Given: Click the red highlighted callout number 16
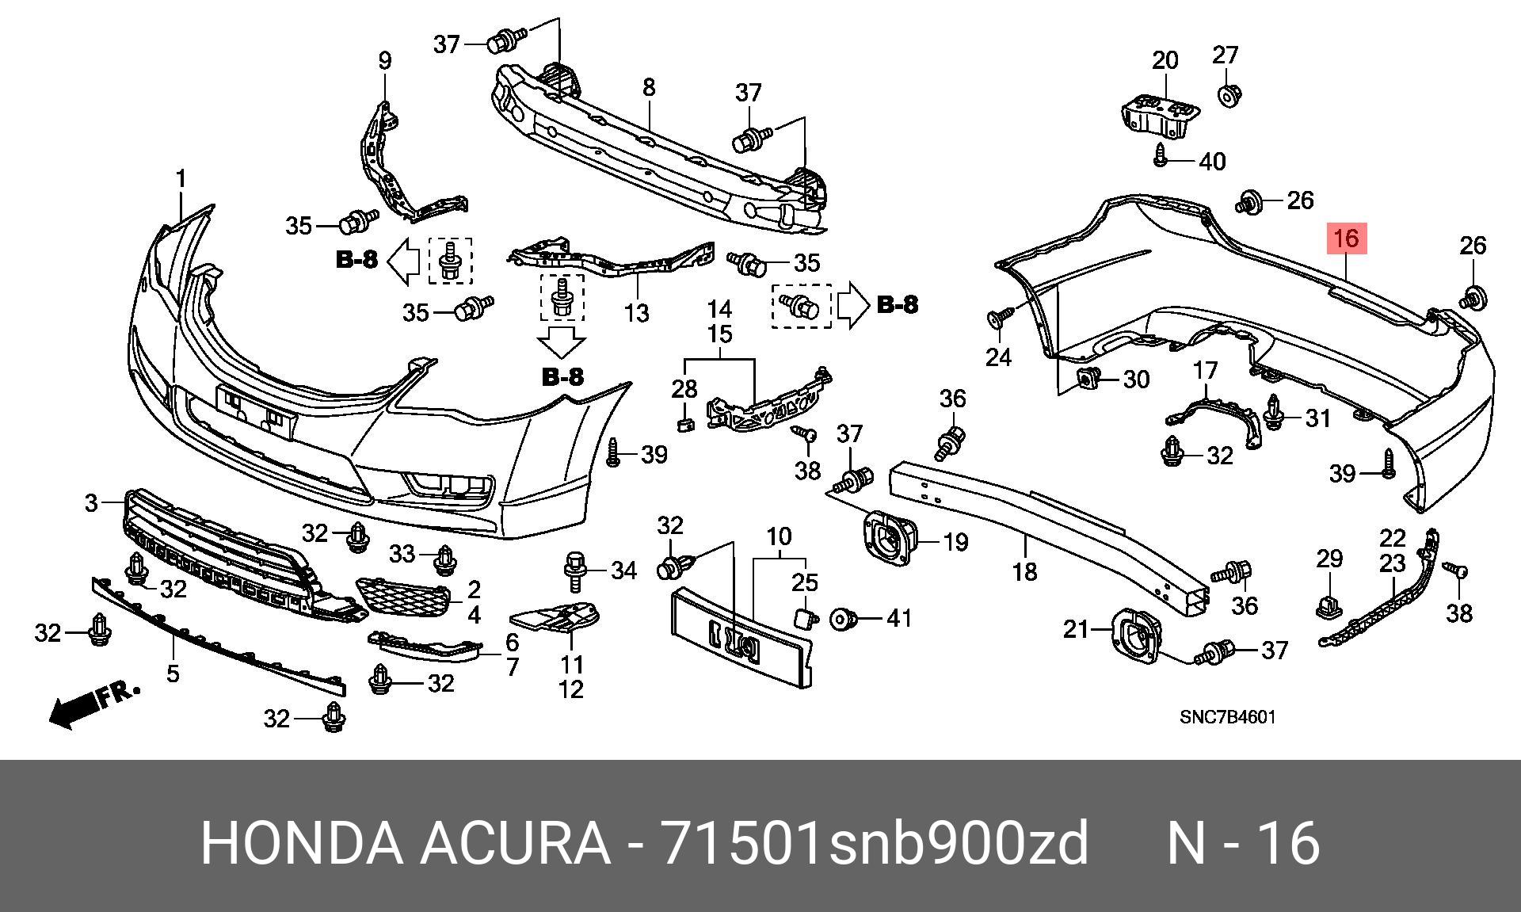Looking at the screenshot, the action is point(1347,238).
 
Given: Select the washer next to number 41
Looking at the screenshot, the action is point(841,619).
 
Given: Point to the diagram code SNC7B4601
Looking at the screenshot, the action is point(1227,718).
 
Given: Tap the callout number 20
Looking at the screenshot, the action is point(1165,60).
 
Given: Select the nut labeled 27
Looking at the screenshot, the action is point(1228,97).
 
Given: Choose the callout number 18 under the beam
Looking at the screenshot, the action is point(1025,570).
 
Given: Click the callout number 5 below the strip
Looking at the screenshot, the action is point(173,674).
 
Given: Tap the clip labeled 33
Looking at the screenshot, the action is point(444,559).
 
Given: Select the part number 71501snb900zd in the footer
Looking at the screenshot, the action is point(875,843).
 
